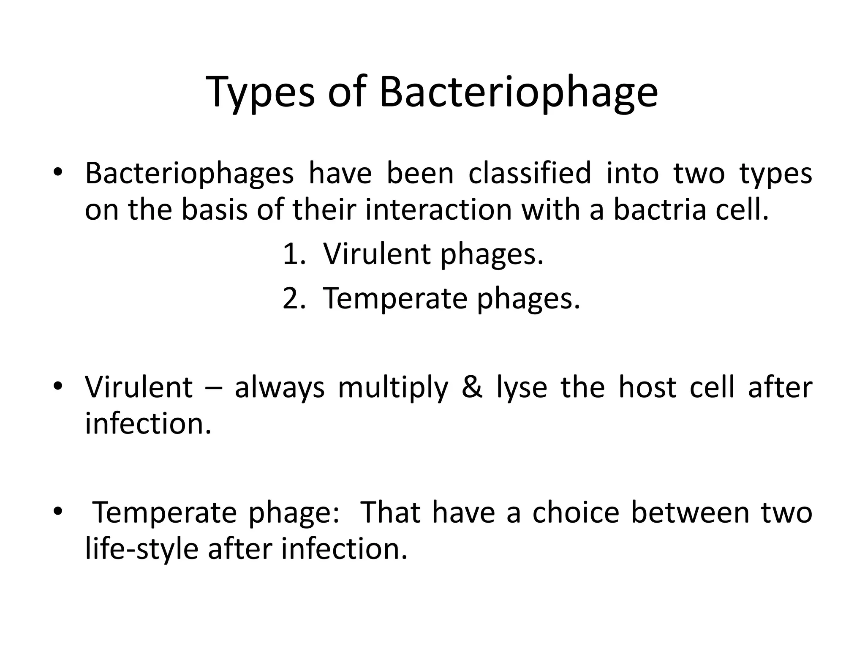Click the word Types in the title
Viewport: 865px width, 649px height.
pos(261,93)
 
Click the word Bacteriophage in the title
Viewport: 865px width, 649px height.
pos(518,93)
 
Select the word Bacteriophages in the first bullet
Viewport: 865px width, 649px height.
pos(189,174)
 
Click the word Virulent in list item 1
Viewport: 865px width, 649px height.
pos(376,254)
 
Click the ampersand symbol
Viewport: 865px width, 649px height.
pos(472,387)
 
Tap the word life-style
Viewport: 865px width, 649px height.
pos(141,549)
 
